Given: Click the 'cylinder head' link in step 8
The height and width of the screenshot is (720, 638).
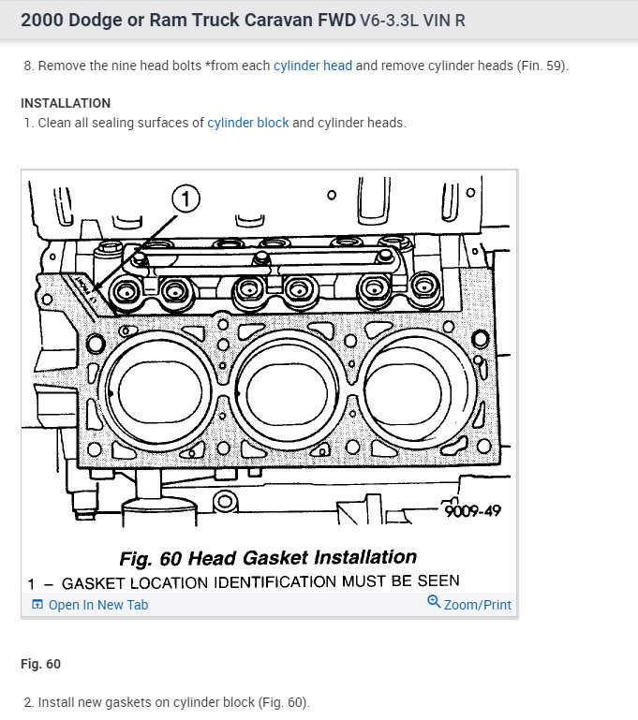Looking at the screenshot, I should [312, 66].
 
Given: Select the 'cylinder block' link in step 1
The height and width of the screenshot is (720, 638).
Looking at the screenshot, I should [248, 123].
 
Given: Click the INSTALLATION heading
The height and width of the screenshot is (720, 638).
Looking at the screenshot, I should [66, 103].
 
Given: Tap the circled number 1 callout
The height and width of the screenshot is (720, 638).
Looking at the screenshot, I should [185, 198].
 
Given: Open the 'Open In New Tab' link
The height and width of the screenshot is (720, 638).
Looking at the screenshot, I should [97, 605].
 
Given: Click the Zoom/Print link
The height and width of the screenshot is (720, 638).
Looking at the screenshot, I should [477, 605].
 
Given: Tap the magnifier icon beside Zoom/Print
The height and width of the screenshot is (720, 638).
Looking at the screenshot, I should [434, 602].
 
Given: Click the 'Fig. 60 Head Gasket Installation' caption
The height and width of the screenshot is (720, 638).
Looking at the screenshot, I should [268, 559].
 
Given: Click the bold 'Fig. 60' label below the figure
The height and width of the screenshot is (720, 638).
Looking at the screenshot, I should [40, 664].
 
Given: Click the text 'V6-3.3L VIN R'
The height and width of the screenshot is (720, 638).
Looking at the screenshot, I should [412, 21].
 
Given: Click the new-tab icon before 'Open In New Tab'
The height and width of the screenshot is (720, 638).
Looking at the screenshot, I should [37, 605].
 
